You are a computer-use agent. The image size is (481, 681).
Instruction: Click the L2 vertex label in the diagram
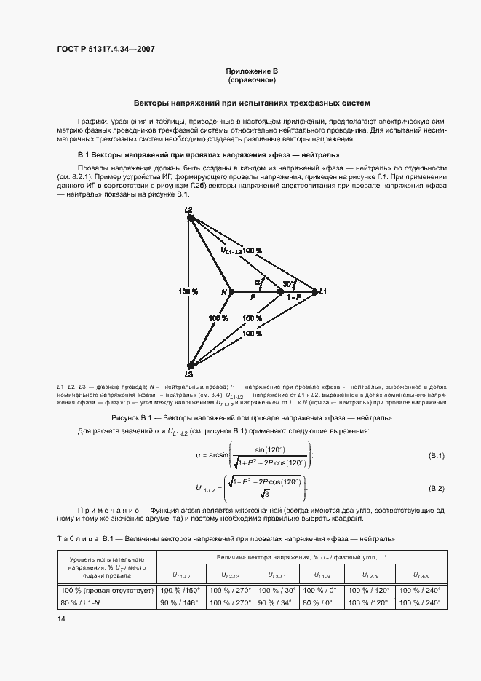(188, 210)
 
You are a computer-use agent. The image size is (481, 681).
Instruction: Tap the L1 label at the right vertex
(323, 291)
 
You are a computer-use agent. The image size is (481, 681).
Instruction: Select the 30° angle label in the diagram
(289, 283)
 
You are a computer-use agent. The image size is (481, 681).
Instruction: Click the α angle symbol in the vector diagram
(258, 282)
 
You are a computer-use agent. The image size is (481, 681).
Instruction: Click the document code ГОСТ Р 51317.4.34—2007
(106, 50)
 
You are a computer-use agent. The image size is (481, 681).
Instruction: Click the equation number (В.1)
(437, 455)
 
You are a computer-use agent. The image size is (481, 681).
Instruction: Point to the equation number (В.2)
(437, 487)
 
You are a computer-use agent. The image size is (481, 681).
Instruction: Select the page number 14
(61, 618)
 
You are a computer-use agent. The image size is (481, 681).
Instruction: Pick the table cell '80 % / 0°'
(317, 603)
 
